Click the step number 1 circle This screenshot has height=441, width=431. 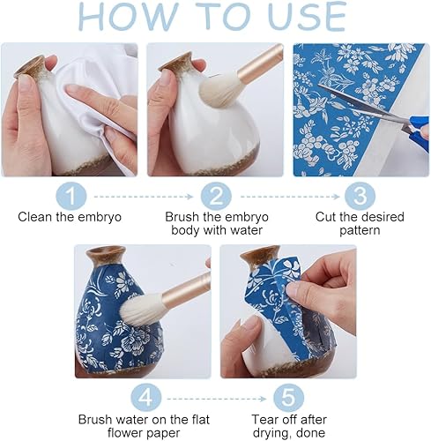[x=71, y=196]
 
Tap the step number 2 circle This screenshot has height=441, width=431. [x=216, y=196]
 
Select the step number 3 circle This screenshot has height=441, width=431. [x=360, y=196]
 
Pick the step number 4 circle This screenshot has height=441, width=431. [x=146, y=398]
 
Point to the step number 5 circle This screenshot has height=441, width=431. [x=289, y=398]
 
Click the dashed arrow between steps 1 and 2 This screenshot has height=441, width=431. [x=144, y=197]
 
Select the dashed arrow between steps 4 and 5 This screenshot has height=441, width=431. [x=217, y=399]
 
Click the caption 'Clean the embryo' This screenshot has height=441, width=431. [x=70, y=217]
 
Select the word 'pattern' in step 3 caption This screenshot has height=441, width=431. [x=360, y=230]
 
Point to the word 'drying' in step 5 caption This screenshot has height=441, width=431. [x=271, y=432]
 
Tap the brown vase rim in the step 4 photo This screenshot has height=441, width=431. [x=106, y=252]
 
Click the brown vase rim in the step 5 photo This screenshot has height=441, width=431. [x=260, y=252]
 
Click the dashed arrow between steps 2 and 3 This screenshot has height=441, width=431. [x=290, y=197]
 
